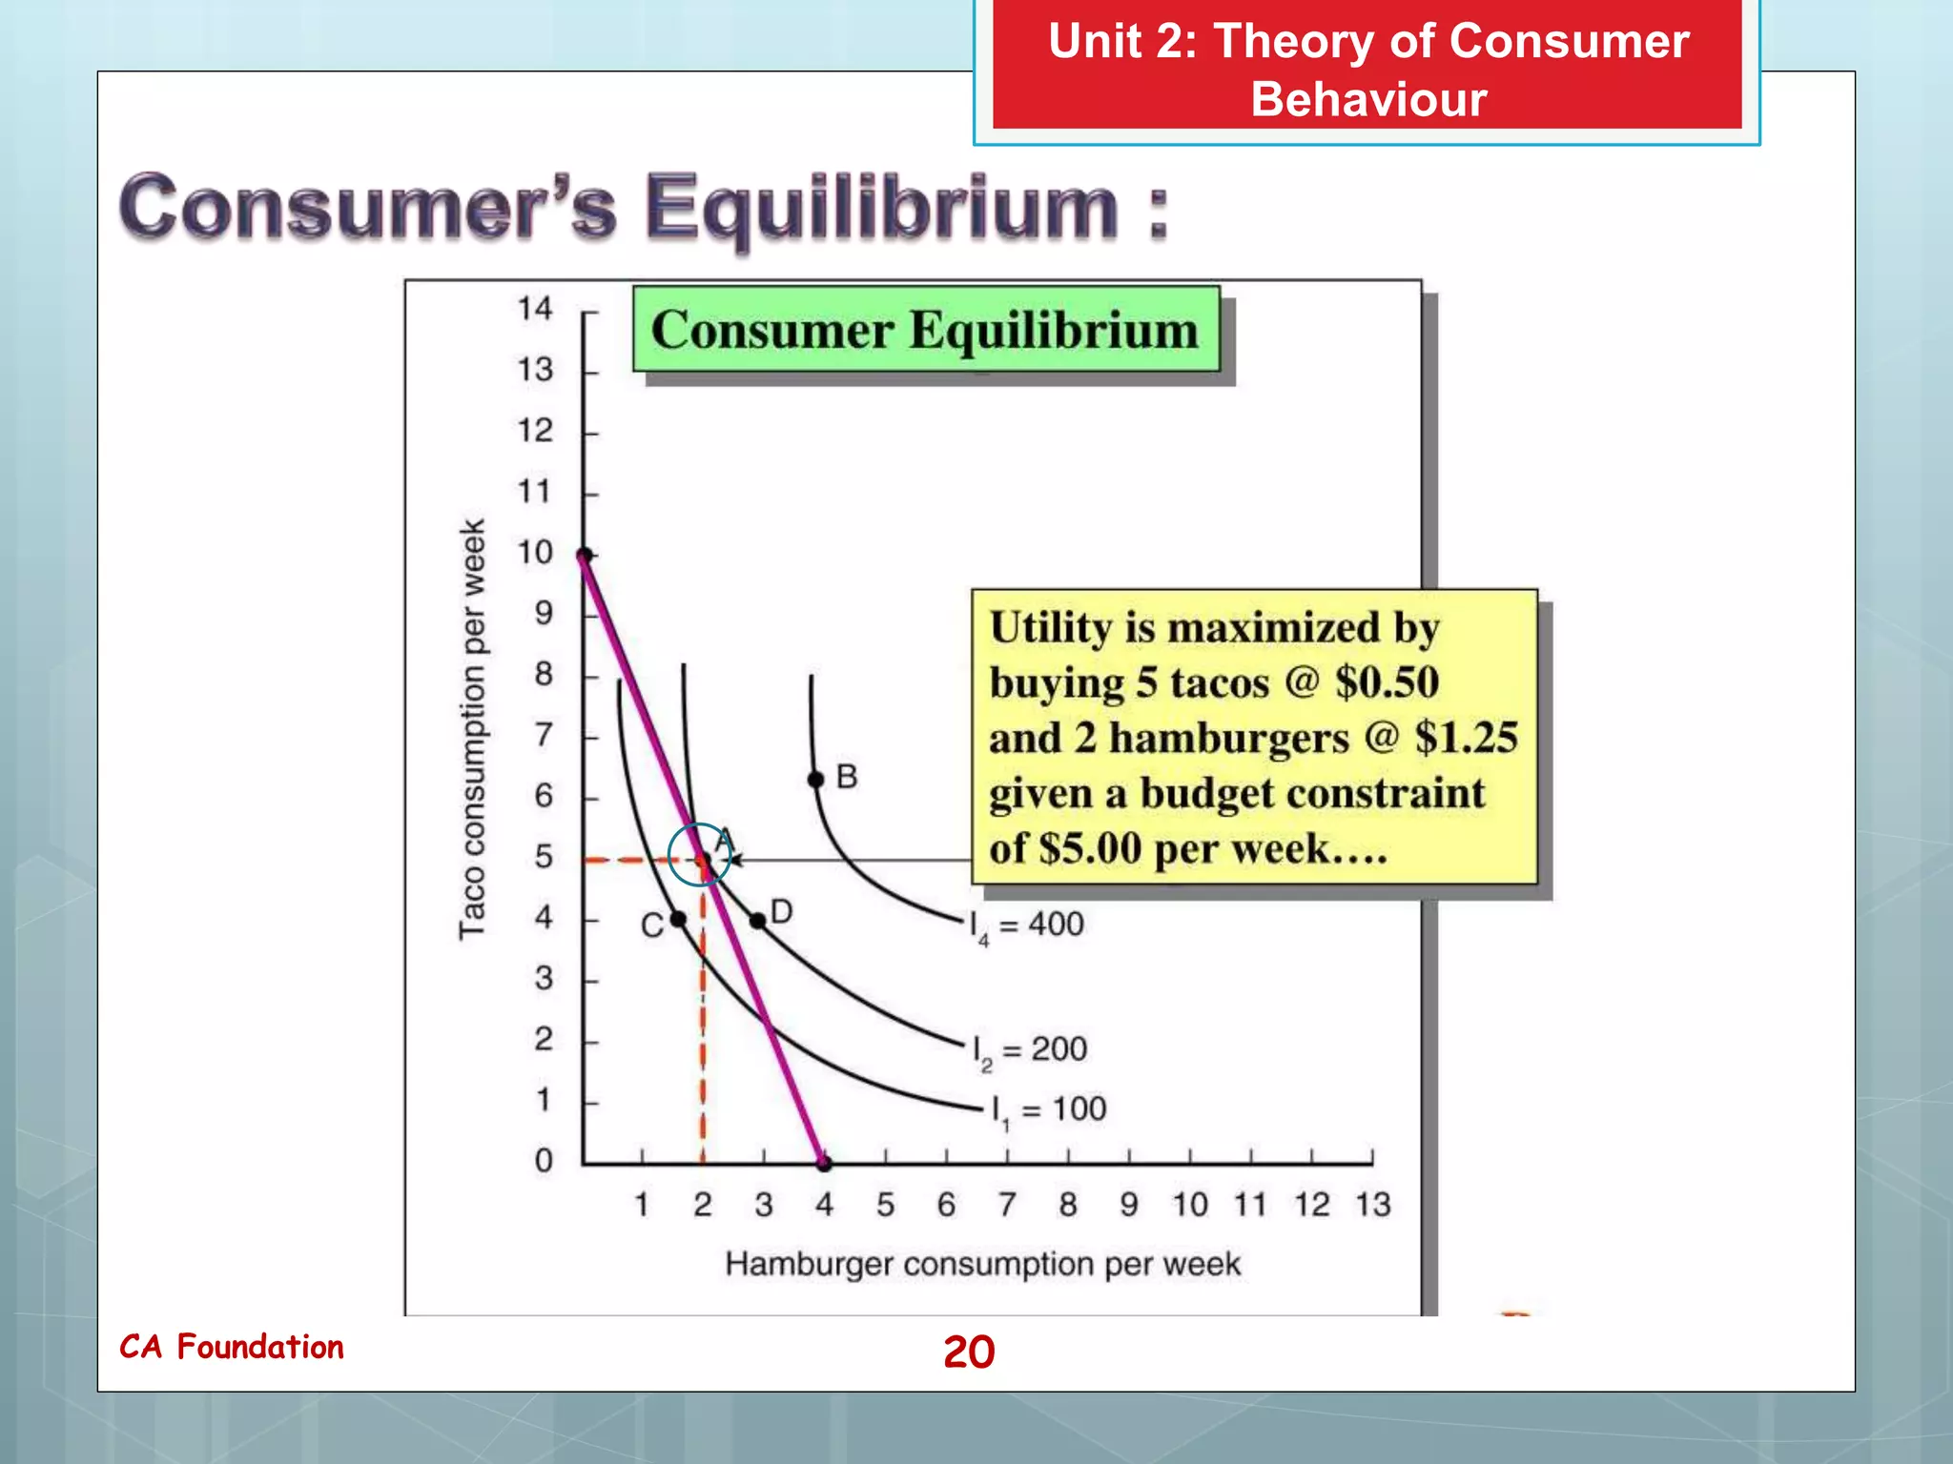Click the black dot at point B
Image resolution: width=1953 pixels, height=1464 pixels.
click(x=816, y=780)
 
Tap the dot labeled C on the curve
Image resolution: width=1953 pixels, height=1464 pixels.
click(x=678, y=919)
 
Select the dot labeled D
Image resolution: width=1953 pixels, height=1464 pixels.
click(x=757, y=921)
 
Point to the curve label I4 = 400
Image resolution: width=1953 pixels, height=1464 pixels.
click(x=1026, y=925)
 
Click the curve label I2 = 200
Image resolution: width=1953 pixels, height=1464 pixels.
click(x=1029, y=1049)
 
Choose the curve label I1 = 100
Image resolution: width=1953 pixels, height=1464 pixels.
click(x=1048, y=1109)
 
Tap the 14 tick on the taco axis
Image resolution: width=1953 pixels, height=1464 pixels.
click(x=535, y=308)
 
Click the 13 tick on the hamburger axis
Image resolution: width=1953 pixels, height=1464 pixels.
click(x=1372, y=1204)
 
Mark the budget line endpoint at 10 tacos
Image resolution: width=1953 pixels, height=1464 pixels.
click(x=585, y=555)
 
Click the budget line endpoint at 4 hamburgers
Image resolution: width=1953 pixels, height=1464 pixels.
click(x=825, y=1164)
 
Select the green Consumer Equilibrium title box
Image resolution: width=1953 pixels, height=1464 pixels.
click(x=925, y=330)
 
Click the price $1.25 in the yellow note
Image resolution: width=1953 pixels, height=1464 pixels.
click(x=1466, y=738)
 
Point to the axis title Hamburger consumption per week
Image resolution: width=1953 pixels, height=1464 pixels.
click(x=982, y=1264)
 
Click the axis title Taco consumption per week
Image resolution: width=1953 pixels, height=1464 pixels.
click(x=473, y=729)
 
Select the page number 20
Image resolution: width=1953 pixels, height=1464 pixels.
click(x=968, y=1352)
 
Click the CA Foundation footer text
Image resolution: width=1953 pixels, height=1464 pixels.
click(x=232, y=1347)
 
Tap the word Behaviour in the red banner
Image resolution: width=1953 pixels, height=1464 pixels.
click(x=1367, y=99)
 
